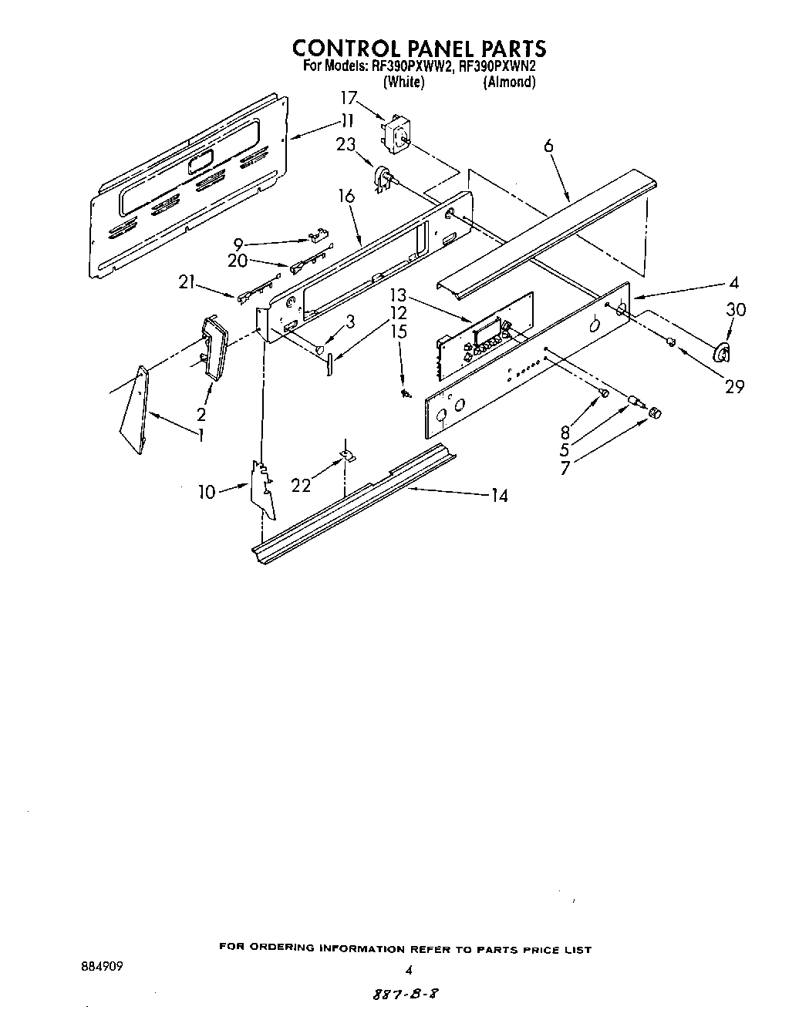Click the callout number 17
coord(349,98)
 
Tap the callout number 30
coord(736,309)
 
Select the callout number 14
coord(499,496)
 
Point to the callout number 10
coord(207,491)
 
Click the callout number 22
coord(301,485)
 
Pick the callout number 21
coord(186,282)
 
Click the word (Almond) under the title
coord(509,82)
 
